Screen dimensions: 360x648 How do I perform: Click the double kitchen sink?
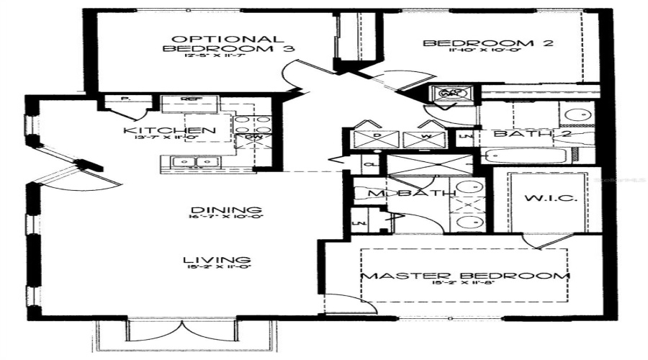pyautogui.click(x=194, y=162)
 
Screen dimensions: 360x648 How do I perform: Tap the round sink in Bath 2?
pyautogui.click(x=576, y=114)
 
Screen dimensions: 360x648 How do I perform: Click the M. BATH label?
pyautogui.click(x=410, y=193)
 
